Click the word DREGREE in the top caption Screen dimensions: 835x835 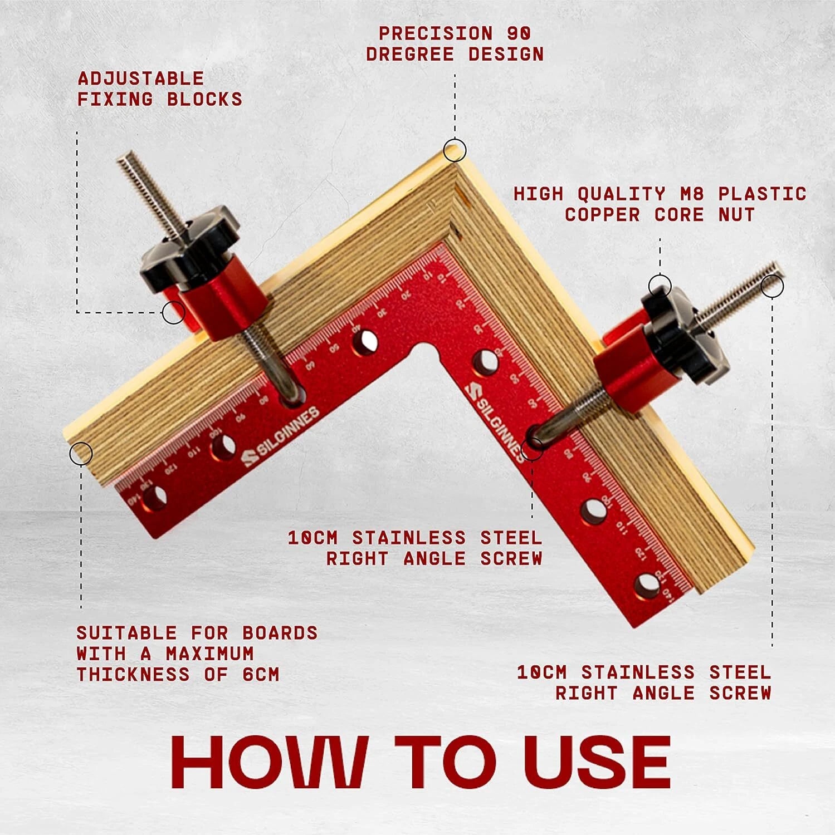tap(411, 55)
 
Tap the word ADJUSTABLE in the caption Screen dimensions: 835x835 tap(141, 78)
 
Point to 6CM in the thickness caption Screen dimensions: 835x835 tap(261, 675)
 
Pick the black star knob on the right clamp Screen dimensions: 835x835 tap(683, 337)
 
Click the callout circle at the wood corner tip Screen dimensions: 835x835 tap(455, 150)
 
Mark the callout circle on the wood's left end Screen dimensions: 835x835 tap(81, 453)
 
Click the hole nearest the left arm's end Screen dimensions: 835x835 tap(155, 498)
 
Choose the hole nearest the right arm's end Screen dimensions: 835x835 tap(646, 586)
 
